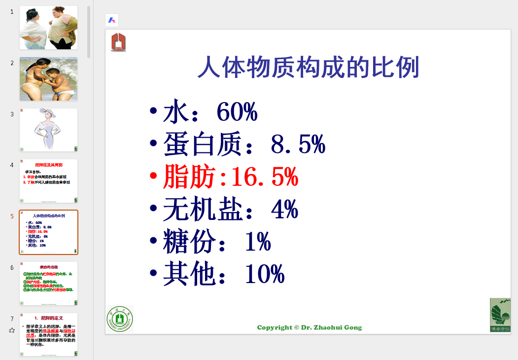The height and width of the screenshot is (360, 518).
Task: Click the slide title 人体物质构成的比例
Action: [x=308, y=68]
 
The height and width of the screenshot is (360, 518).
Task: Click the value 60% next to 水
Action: [x=237, y=113]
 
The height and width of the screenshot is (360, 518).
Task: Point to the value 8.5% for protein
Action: [x=298, y=145]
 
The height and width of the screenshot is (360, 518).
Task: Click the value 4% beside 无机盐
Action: [x=284, y=210]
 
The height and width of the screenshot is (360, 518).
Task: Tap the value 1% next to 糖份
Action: [x=258, y=242]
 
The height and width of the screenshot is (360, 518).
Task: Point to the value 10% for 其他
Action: [x=265, y=274]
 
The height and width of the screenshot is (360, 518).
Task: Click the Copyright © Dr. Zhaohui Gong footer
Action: [x=310, y=327]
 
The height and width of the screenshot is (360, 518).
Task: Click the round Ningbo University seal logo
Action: [x=120, y=319]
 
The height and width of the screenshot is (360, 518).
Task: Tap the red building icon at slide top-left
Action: [x=118, y=42]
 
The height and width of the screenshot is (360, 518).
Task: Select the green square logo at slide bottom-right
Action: [x=500, y=315]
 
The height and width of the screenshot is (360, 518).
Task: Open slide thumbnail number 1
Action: [x=48, y=28]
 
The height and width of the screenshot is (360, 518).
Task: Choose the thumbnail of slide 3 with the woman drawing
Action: [x=48, y=130]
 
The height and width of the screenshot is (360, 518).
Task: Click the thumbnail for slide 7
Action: [x=48, y=334]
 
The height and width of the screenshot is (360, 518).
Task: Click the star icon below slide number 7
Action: [x=12, y=330]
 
